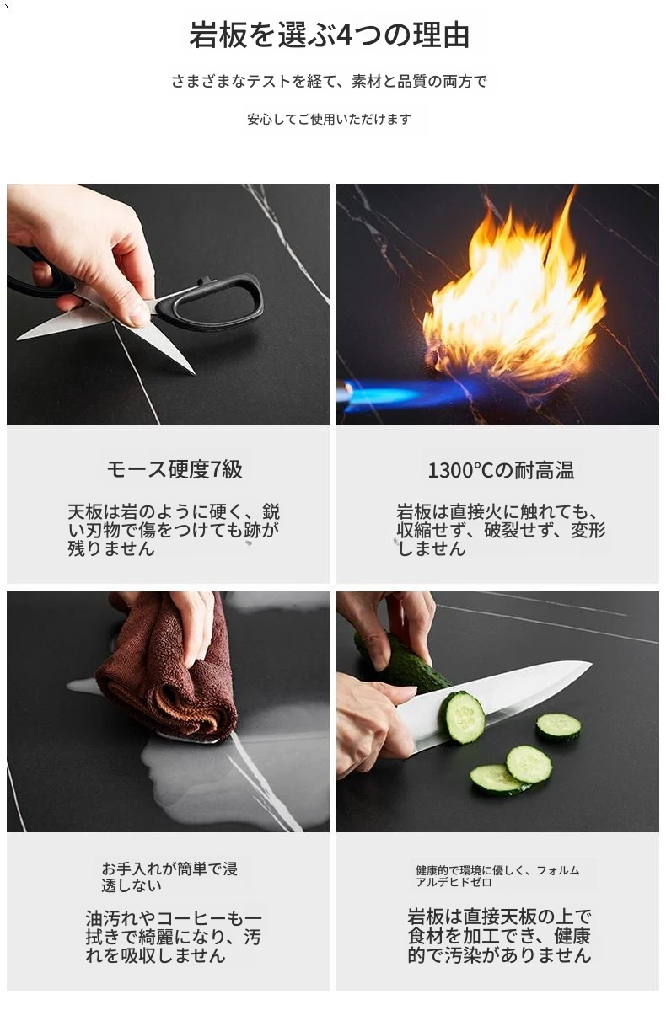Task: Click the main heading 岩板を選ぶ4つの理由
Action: click(329, 35)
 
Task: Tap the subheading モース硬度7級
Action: click(175, 469)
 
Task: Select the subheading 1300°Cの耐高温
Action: click(501, 470)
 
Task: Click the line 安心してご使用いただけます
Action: click(329, 120)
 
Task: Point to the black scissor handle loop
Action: click(211, 303)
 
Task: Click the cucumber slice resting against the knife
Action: click(462, 718)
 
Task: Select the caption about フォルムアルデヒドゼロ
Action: click(497, 876)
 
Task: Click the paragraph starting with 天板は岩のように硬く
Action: click(174, 530)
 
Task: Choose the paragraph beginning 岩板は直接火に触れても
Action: click(501, 530)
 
